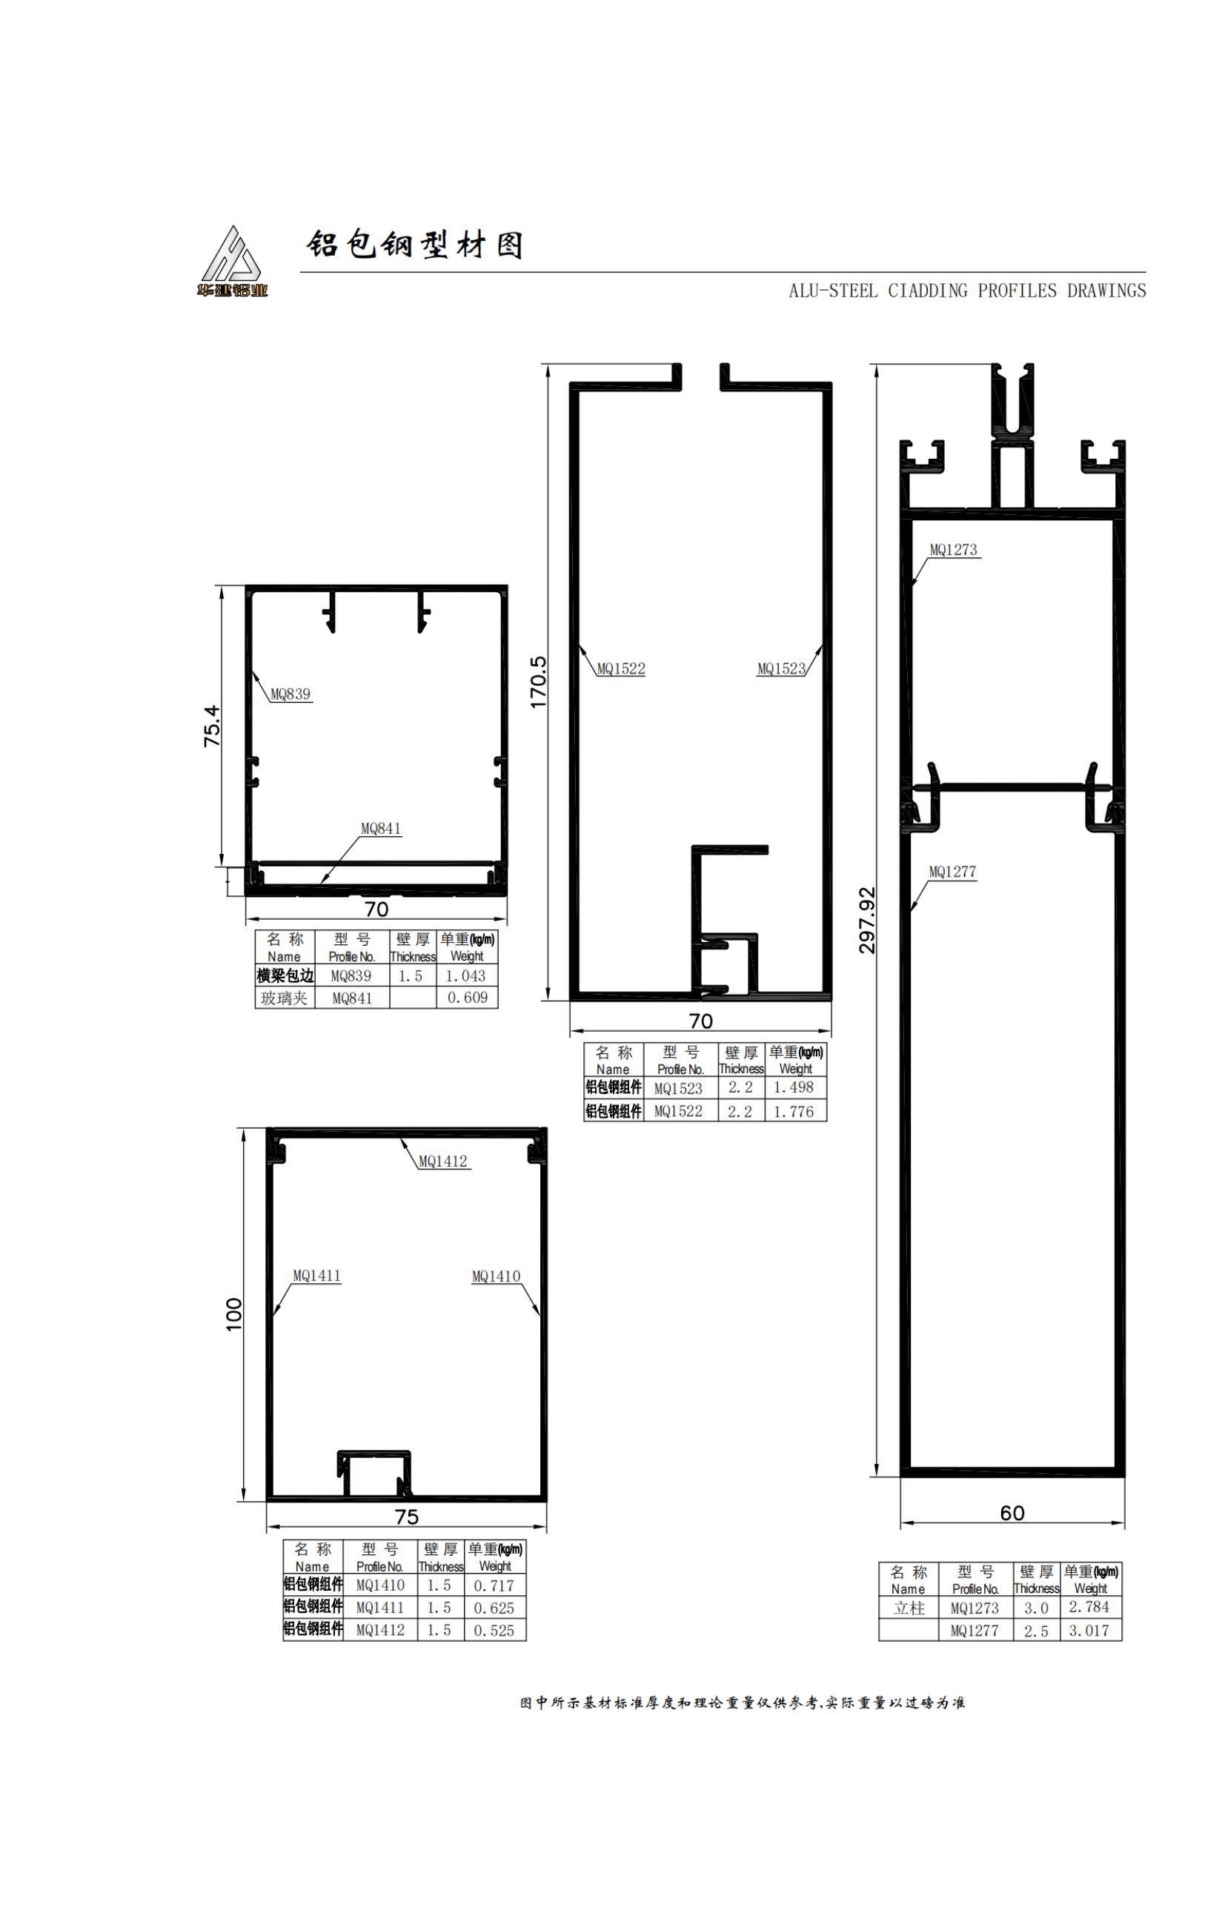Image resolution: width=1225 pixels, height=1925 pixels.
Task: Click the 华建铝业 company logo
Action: (x=233, y=262)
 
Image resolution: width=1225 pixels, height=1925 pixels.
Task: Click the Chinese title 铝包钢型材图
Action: (x=416, y=245)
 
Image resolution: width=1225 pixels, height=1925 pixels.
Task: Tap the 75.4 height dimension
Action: (x=212, y=725)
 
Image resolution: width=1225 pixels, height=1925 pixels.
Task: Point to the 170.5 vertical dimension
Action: (x=538, y=681)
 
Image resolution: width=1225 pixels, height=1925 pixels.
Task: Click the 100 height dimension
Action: (x=233, y=1313)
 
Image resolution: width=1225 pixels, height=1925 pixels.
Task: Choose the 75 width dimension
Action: (x=407, y=1516)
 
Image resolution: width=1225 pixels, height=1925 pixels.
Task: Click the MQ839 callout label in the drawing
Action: (x=291, y=694)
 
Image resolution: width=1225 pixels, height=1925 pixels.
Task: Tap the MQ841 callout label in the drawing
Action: (x=381, y=828)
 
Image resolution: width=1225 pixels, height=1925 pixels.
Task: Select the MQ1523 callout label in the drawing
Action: (x=782, y=669)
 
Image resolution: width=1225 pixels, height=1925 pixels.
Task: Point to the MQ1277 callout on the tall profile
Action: (x=952, y=872)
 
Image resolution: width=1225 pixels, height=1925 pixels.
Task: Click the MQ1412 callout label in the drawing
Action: (x=442, y=1161)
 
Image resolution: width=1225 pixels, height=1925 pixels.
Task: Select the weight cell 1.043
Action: (x=466, y=975)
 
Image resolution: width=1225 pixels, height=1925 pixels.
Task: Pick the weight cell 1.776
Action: (x=794, y=1111)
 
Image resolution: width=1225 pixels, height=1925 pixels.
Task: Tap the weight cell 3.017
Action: (x=1089, y=1630)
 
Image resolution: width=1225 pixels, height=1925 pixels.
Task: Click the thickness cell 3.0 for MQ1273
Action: (x=1037, y=1608)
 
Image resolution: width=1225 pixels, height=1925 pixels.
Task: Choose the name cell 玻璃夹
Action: (x=285, y=998)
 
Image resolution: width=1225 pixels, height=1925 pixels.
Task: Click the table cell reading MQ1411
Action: (x=380, y=1608)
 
